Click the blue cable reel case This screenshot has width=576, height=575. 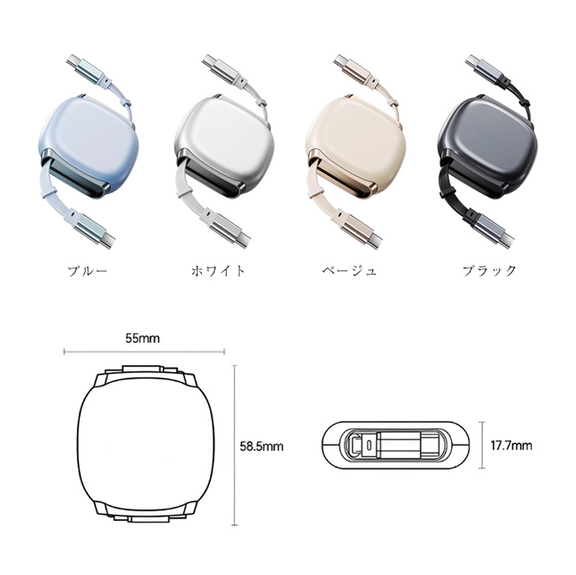tap(89, 146)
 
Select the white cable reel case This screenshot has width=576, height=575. tap(224, 146)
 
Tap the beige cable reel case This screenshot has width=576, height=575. tap(355, 146)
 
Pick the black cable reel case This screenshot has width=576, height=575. tap(487, 146)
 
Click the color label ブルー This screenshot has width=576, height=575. tap(87, 271)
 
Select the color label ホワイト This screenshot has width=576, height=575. tap(218, 271)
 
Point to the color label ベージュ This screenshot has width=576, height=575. tap(349, 271)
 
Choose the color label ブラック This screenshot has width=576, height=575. tap(489, 271)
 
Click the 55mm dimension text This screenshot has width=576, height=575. tap(143, 338)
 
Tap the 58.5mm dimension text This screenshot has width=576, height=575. tap(261, 447)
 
